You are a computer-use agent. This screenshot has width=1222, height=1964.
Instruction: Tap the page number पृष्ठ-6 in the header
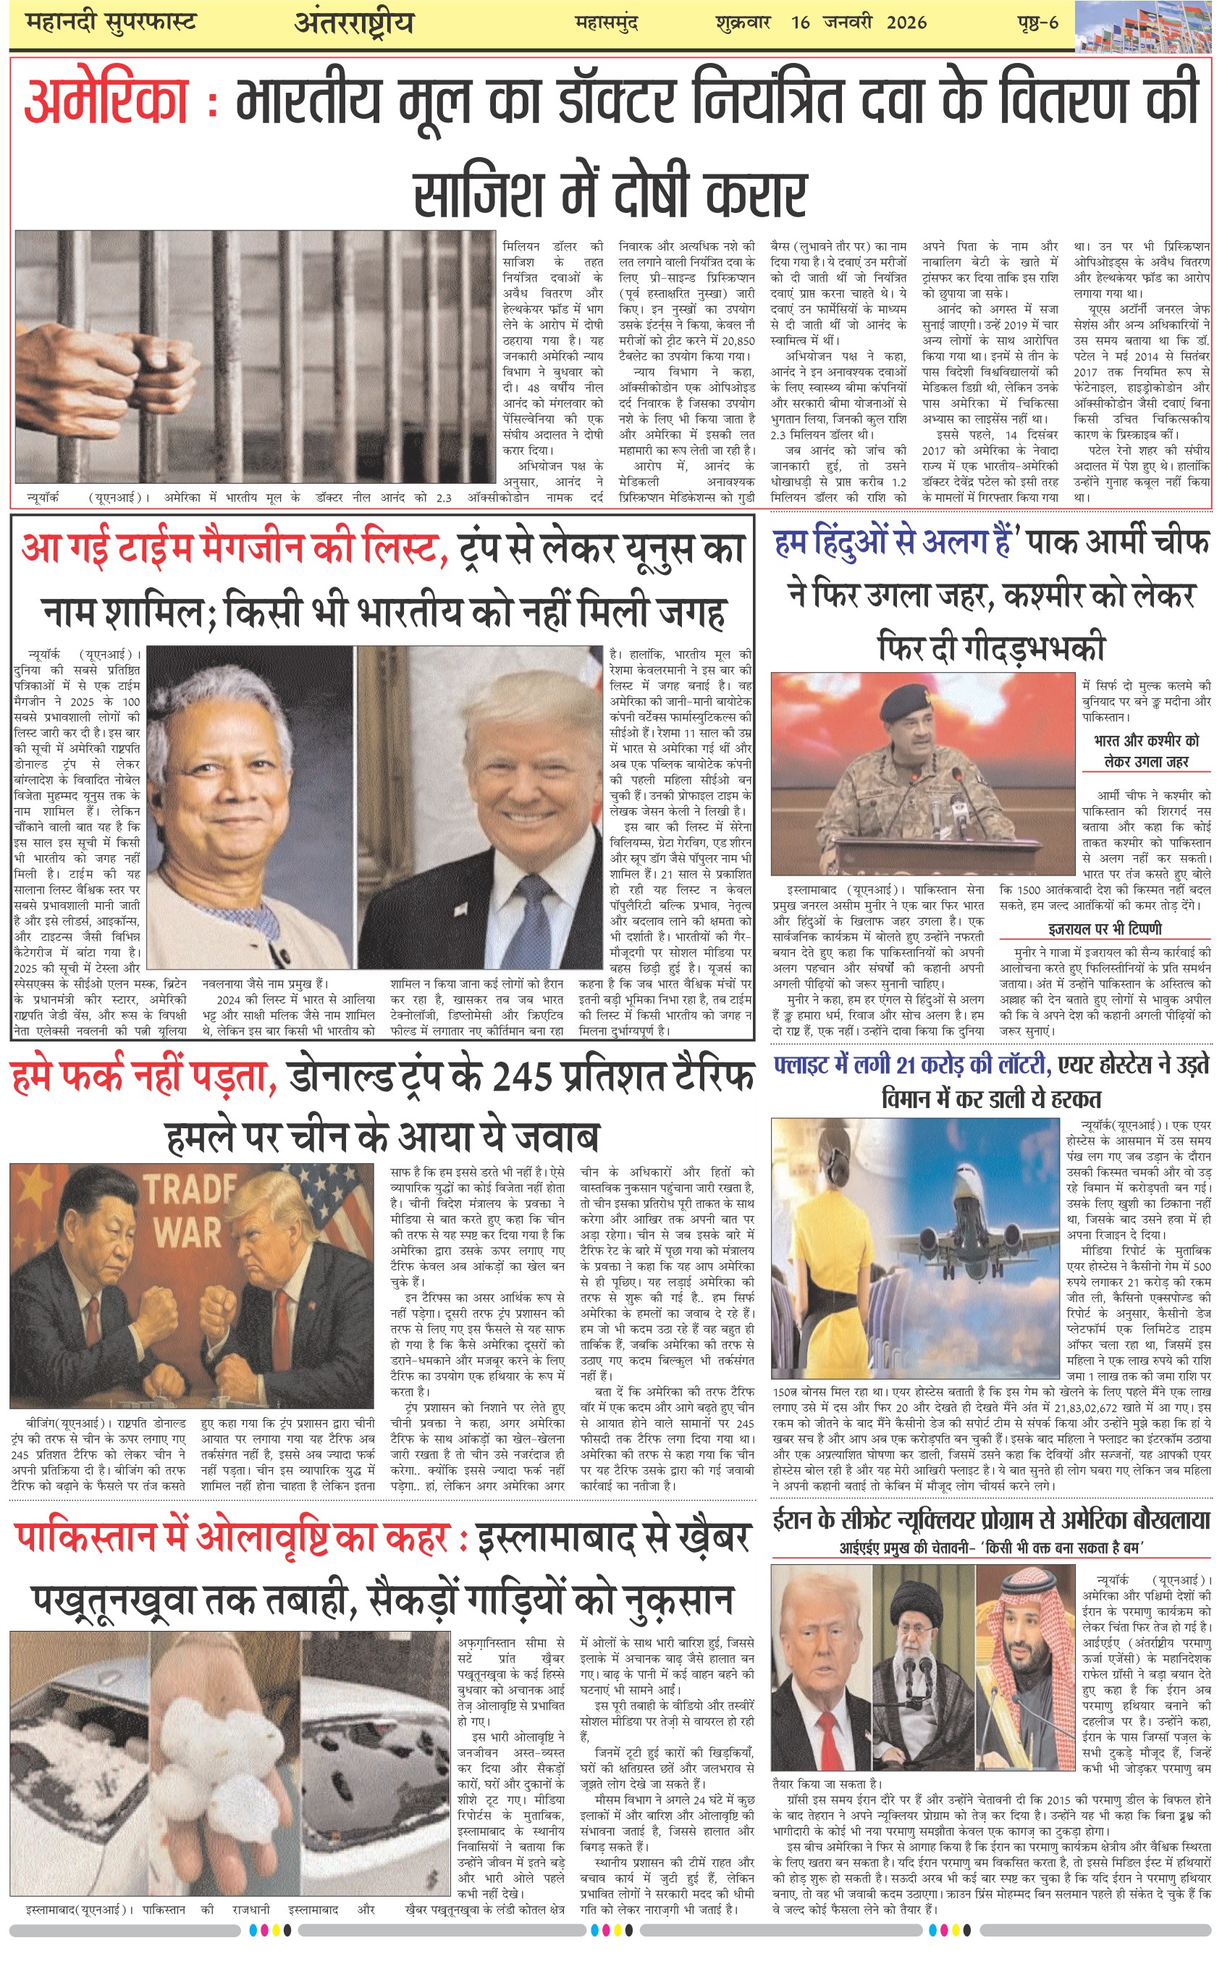click(x=1037, y=22)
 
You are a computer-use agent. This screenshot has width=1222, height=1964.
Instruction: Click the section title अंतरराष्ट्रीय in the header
click(x=354, y=22)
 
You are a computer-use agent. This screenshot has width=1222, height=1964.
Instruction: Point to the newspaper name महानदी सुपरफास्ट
click(x=111, y=22)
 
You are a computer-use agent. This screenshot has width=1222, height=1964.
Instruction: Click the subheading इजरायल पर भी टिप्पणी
click(x=1105, y=928)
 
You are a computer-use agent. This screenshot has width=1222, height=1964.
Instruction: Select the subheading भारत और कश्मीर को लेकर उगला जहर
click(x=1146, y=751)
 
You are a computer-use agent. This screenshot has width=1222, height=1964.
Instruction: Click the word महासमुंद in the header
click(x=607, y=22)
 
